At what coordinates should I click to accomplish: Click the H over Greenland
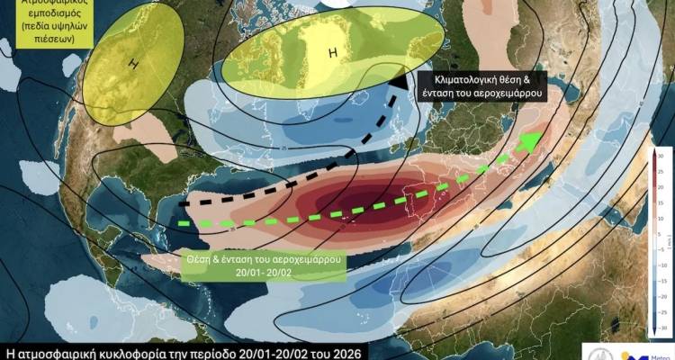click(332, 54)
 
